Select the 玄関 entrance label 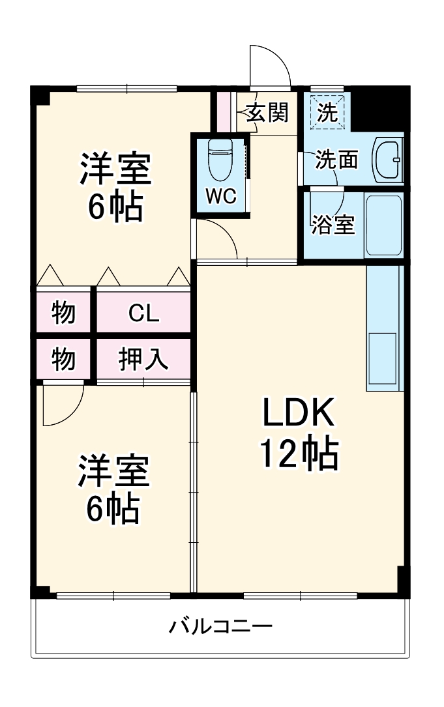click(267, 113)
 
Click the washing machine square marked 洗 click(327, 113)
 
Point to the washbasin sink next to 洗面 click(389, 159)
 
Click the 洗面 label click(336, 160)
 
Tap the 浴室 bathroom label click(333, 225)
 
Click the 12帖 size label click(299, 454)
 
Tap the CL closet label click(143, 314)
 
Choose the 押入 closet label click(143, 358)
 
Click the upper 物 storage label click(63, 314)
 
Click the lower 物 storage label click(63, 358)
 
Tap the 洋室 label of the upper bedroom click(115, 169)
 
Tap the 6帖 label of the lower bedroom click(113, 509)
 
